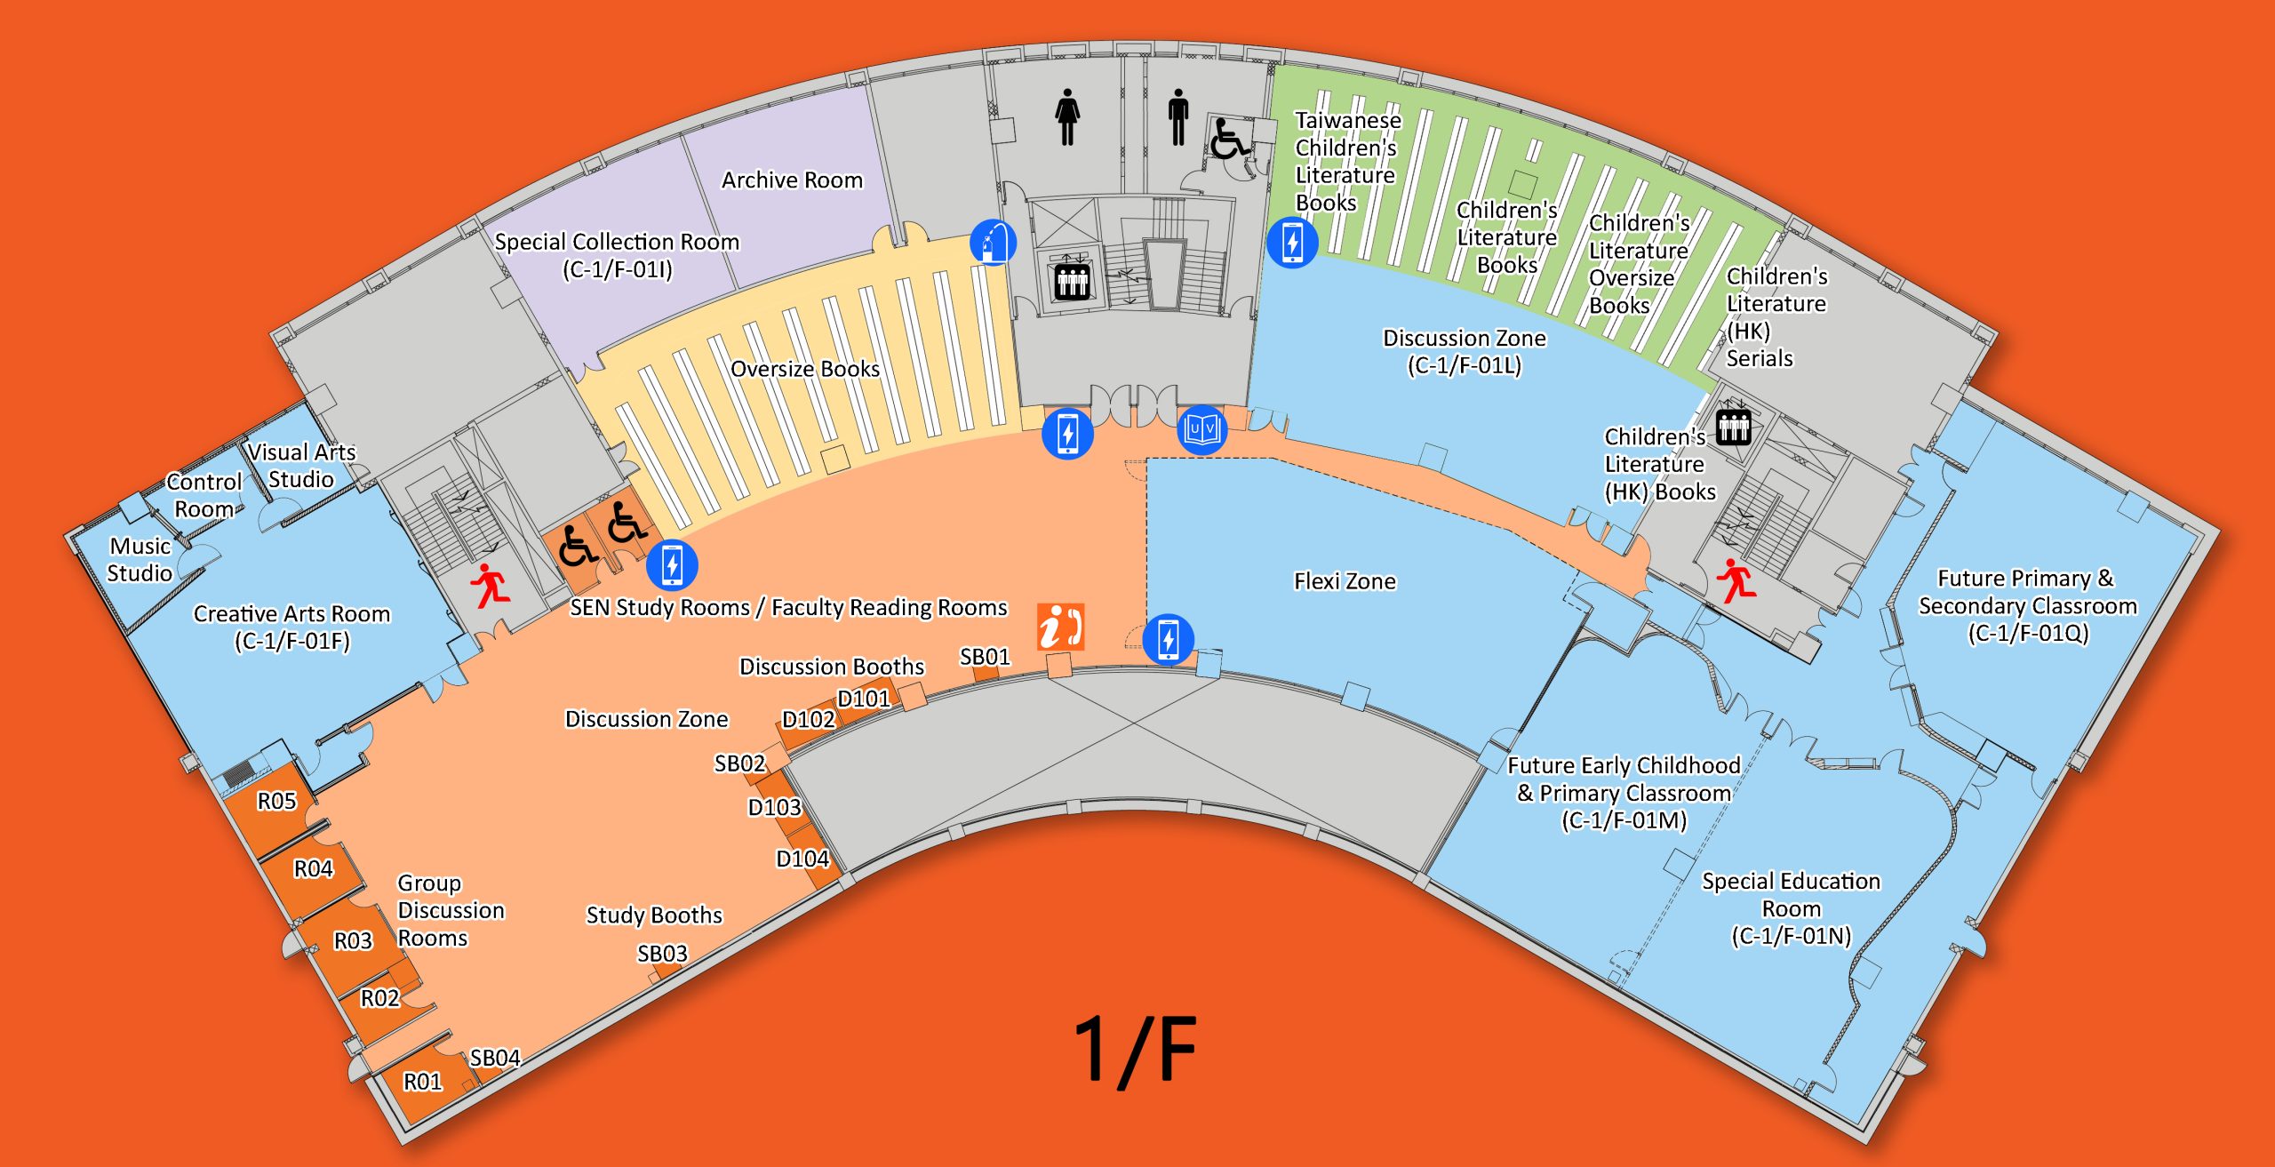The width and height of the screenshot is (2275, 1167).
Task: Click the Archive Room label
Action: pyautogui.click(x=792, y=180)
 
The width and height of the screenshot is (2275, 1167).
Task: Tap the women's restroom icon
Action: pyautogui.click(x=1067, y=116)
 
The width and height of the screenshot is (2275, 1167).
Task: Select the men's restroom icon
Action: pyautogui.click(x=1178, y=116)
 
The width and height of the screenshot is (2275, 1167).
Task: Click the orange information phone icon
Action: pyautogui.click(x=1060, y=627)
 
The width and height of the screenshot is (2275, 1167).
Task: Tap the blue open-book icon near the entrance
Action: pyautogui.click(x=1202, y=431)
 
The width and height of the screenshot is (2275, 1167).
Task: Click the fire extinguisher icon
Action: pyautogui.click(x=993, y=242)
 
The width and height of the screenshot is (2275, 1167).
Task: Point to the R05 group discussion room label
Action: pyautogui.click(x=276, y=802)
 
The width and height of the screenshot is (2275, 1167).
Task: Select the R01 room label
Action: pyautogui.click(x=422, y=1082)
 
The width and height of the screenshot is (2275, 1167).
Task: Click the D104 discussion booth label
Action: pyautogui.click(x=802, y=859)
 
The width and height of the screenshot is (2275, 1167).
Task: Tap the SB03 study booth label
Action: pyautogui.click(x=662, y=954)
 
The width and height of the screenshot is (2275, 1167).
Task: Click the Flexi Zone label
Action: pyautogui.click(x=1345, y=581)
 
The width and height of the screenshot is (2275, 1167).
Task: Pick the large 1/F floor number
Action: pyautogui.click(x=1136, y=1050)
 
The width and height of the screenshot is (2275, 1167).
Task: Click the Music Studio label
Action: pyautogui.click(x=140, y=560)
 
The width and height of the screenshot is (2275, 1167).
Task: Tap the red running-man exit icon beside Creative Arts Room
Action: pyautogui.click(x=490, y=585)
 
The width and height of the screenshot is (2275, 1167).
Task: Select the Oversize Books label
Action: pyautogui.click(x=805, y=369)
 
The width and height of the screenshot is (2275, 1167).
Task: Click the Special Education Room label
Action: pyautogui.click(x=1791, y=908)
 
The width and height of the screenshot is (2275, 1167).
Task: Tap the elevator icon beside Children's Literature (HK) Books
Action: pyautogui.click(x=1733, y=427)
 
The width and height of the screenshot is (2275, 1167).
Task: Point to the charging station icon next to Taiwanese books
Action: pyautogui.click(x=1292, y=242)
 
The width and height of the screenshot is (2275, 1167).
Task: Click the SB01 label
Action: pyautogui.click(x=985, y=657)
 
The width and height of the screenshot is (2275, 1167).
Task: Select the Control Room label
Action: pyautogui.click(x=204, y=496)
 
